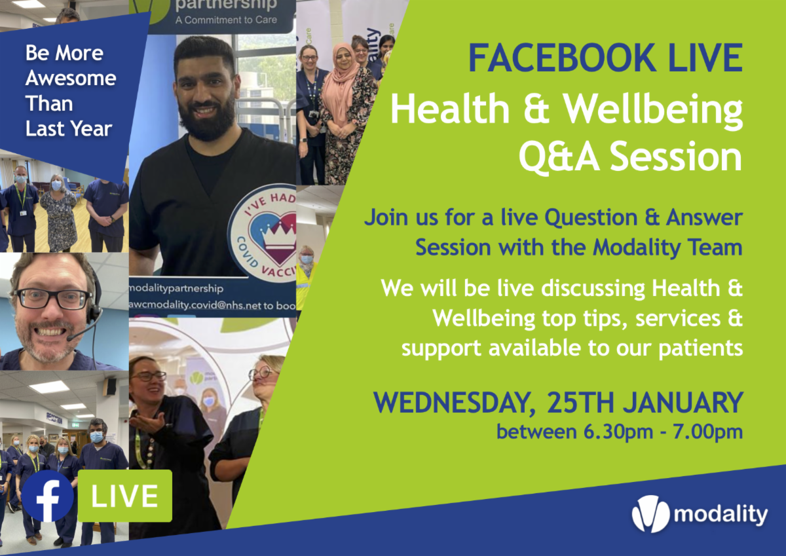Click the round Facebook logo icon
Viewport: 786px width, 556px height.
(47, 496)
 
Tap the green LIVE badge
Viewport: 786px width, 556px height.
(124, 496)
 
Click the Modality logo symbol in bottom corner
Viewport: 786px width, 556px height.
(650, 514)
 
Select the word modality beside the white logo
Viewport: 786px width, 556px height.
(720, 515)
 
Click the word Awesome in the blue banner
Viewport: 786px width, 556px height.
(71, 79)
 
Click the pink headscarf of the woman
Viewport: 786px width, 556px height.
(340, 79)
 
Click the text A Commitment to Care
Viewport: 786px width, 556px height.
(217, 20)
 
